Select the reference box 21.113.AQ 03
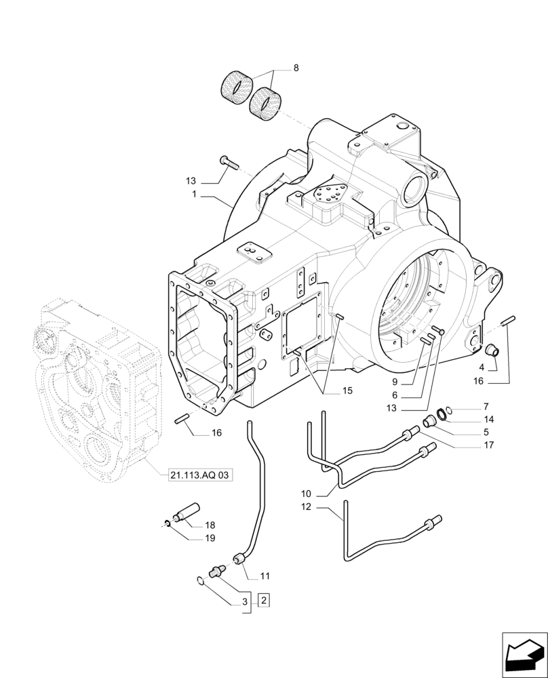pyautogui.click(x=199, y=476)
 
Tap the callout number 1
pyautogui.click(x=194, y=195)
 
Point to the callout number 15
pyautogui.click(x=328, y=391)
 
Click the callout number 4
pyautogui.click(x=482, y=367)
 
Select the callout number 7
pyautogui.click(x=486, y=407)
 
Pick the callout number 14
pyautogui.click(x=488, y=420)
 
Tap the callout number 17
pyautogui.click(x=488, y=445)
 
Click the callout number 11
pyautogui.click(x=265, y=576)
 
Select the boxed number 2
pyautogui.click(x=264, y=600)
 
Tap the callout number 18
pyautogui.click(x=210, y=525)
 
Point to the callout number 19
pyautogui.click(x=210, y=538)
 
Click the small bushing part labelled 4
pyautogui.click(x=495, y=351)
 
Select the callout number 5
pyautogui.click(x=486, y=432)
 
